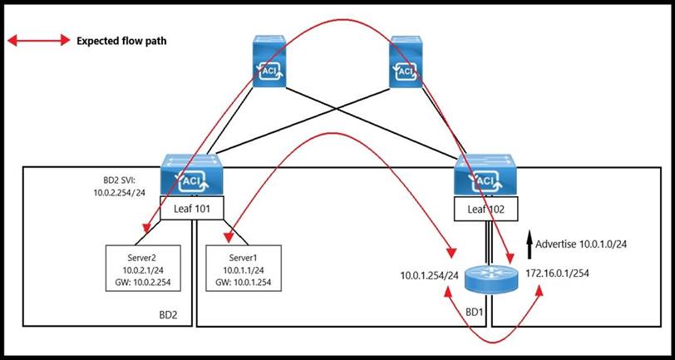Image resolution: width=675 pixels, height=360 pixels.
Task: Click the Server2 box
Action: pos(143,268)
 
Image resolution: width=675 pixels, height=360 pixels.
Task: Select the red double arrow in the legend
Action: pos(38,40)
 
